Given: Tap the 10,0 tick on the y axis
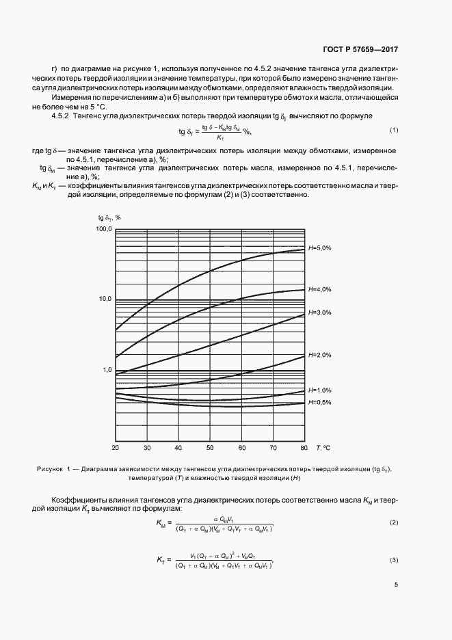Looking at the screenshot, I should click(x=103, y=299).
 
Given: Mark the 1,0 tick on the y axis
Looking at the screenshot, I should click(x=105, y=370).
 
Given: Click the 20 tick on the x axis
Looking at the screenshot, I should click(x=115, y=448).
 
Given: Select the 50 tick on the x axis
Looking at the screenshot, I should click(x=210, y=448).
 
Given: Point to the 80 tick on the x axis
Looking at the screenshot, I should click(x=304, y=448).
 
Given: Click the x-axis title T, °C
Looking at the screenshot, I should click(x=323, y=448).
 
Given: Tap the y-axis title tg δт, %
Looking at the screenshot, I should click(x=108, y=217).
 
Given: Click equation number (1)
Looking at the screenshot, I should click(x=394, y=130).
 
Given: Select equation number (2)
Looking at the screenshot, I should click(x=394, y=523).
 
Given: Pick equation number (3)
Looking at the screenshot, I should click(x=394, y=561).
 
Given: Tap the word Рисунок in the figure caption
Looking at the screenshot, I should click(x=49, y=469).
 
